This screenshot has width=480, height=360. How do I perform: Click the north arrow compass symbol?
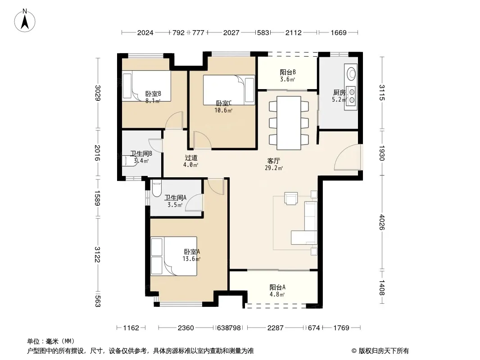coord(25,20)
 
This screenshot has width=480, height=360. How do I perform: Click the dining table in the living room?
coord(289,123)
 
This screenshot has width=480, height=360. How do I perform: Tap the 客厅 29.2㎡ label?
coord(274,164)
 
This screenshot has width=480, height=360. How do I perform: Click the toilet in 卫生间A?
coord(156,189)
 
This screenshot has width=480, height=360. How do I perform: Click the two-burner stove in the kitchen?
coord(351,96)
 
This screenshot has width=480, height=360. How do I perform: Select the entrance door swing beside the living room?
coord(347,157)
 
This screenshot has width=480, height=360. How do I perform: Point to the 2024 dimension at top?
coord(145,33)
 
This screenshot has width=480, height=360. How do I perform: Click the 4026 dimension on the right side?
coord(382,222)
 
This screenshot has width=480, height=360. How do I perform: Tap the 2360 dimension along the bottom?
coord(186,328)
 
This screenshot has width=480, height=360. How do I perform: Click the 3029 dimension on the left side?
coord(97,93)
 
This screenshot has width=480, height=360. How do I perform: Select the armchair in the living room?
coord(291,198)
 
